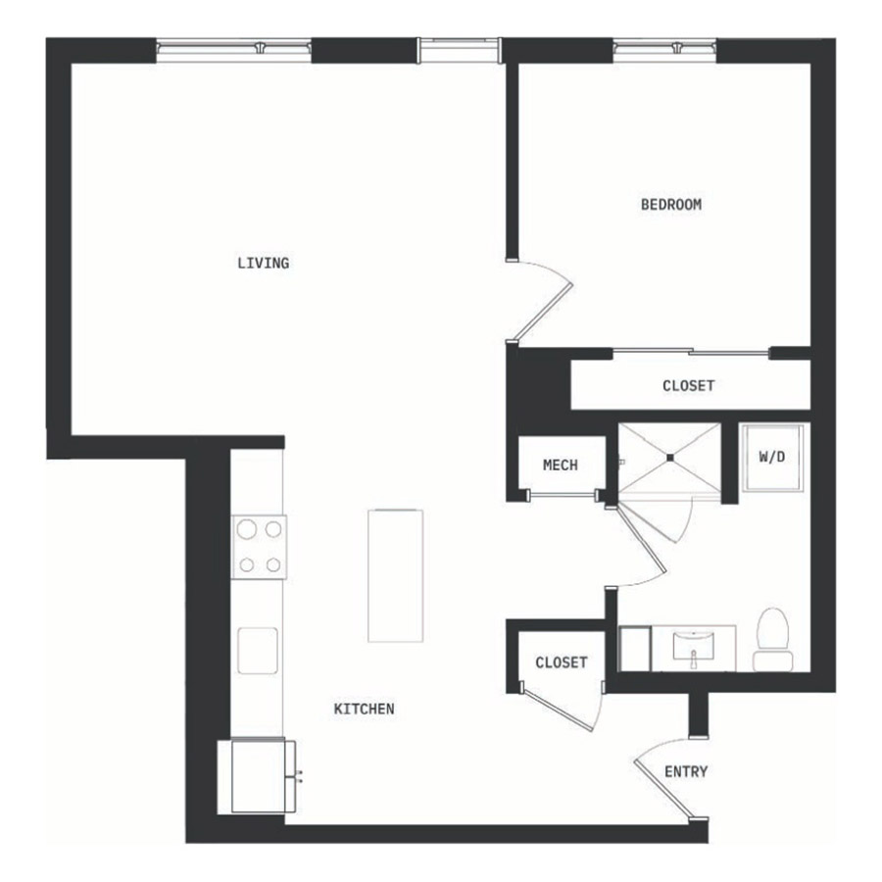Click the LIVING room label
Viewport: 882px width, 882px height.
264,263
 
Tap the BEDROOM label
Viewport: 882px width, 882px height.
671,204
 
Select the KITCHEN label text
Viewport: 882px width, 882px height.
364,709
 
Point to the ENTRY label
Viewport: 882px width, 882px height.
686,771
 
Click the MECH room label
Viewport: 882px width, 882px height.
561,465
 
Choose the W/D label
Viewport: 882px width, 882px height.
772,457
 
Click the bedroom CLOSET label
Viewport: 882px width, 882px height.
689,385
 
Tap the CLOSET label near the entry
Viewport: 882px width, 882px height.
562,662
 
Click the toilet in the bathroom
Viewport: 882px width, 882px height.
773,640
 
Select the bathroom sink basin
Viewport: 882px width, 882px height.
694,646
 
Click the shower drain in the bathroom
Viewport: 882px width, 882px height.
670,458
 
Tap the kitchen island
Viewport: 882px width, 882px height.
395,575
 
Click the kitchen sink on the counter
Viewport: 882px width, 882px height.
258,651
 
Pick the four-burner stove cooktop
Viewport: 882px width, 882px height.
259,547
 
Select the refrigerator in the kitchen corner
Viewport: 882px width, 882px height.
258,775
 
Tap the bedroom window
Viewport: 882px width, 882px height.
664,51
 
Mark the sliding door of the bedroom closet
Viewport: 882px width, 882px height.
691,353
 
